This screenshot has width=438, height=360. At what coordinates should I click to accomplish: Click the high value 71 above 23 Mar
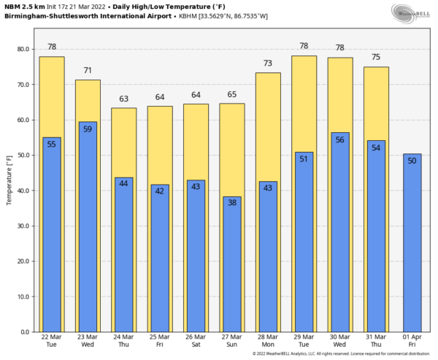(88, 71)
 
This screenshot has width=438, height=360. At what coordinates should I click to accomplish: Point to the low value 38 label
(231, 203)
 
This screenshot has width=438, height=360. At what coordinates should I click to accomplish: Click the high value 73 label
(268, 64)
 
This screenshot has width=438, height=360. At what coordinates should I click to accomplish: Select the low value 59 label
(88, 129)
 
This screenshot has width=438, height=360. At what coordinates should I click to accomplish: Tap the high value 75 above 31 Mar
(376, 58)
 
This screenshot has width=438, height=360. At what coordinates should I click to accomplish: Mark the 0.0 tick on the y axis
(26, 332)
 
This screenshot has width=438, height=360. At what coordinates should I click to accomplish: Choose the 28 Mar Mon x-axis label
(268, 342)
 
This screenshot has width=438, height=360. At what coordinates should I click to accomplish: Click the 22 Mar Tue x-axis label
(52, 342)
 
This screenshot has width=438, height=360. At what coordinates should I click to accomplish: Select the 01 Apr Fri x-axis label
(412, 342)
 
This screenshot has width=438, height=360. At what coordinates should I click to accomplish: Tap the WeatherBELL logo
(410, 13)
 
